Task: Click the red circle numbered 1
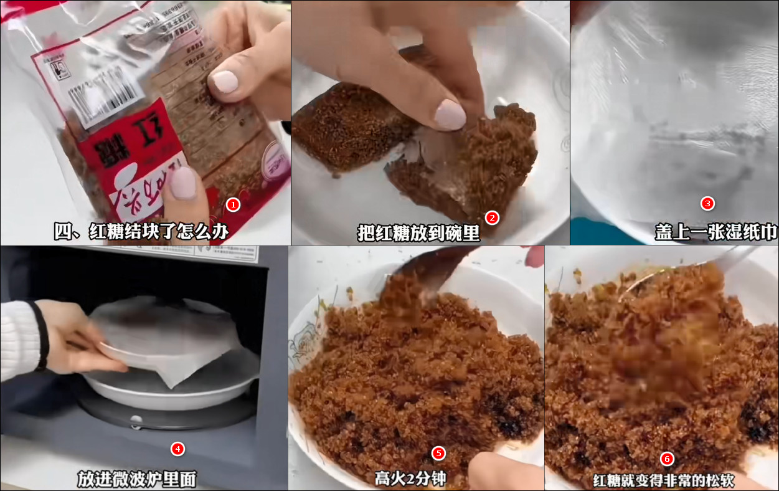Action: pos(233,204)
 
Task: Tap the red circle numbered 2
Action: pos(492,217)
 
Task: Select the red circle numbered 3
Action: pos(707,203)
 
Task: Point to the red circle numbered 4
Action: pos(177,449)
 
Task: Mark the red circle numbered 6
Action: pos(667,459)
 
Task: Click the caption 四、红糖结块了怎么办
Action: pos(141,232)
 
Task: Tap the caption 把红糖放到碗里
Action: pos(418,232)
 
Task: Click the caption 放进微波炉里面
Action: pos(137,479)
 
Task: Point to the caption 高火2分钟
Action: pos(410,479)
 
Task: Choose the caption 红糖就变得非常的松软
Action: pos(654,480)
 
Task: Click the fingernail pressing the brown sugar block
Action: pos(450,115)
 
